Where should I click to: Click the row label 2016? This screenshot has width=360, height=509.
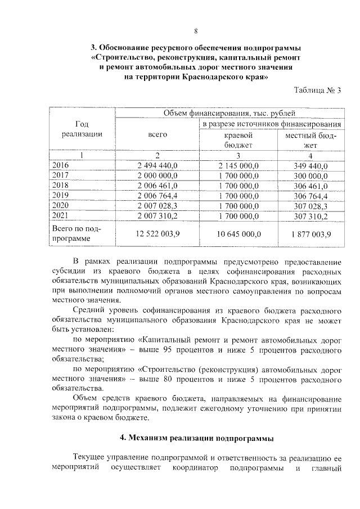pos(60,165)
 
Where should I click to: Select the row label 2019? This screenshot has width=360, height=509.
pos(60,196)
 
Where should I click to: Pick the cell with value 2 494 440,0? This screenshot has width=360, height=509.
pos(157,165)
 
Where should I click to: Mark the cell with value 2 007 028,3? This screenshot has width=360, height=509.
pos(157,206)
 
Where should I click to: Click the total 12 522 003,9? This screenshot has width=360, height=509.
pos(157,234)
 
